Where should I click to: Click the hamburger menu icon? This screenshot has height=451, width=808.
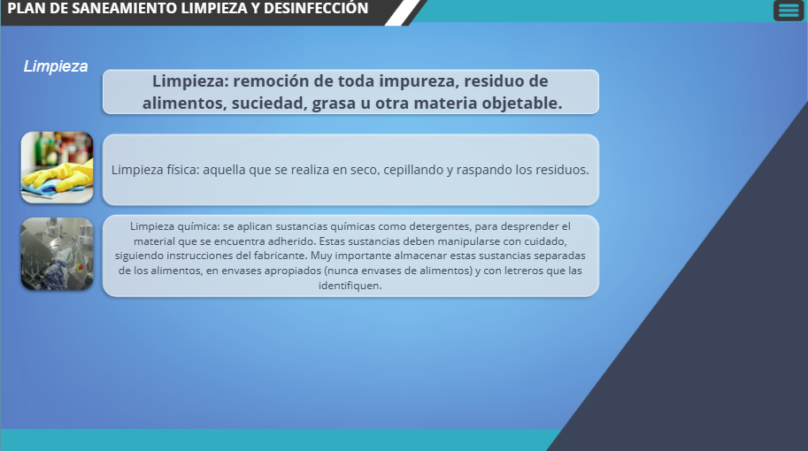click(x=789, y=11)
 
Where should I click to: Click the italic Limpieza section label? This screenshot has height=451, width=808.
click(x=56, y=66)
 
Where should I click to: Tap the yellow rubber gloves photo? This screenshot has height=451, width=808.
click(x=58, y=167)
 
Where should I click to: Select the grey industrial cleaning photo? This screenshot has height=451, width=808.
click(x=58, y=254)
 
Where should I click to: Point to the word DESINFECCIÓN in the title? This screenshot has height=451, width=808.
click(x=316, y=8)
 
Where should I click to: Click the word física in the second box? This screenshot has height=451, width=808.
click(x=182, y=170)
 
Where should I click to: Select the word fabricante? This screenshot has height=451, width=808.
click(x=280, y=256)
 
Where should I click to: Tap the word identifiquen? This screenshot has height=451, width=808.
click(x=350, y=286)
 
